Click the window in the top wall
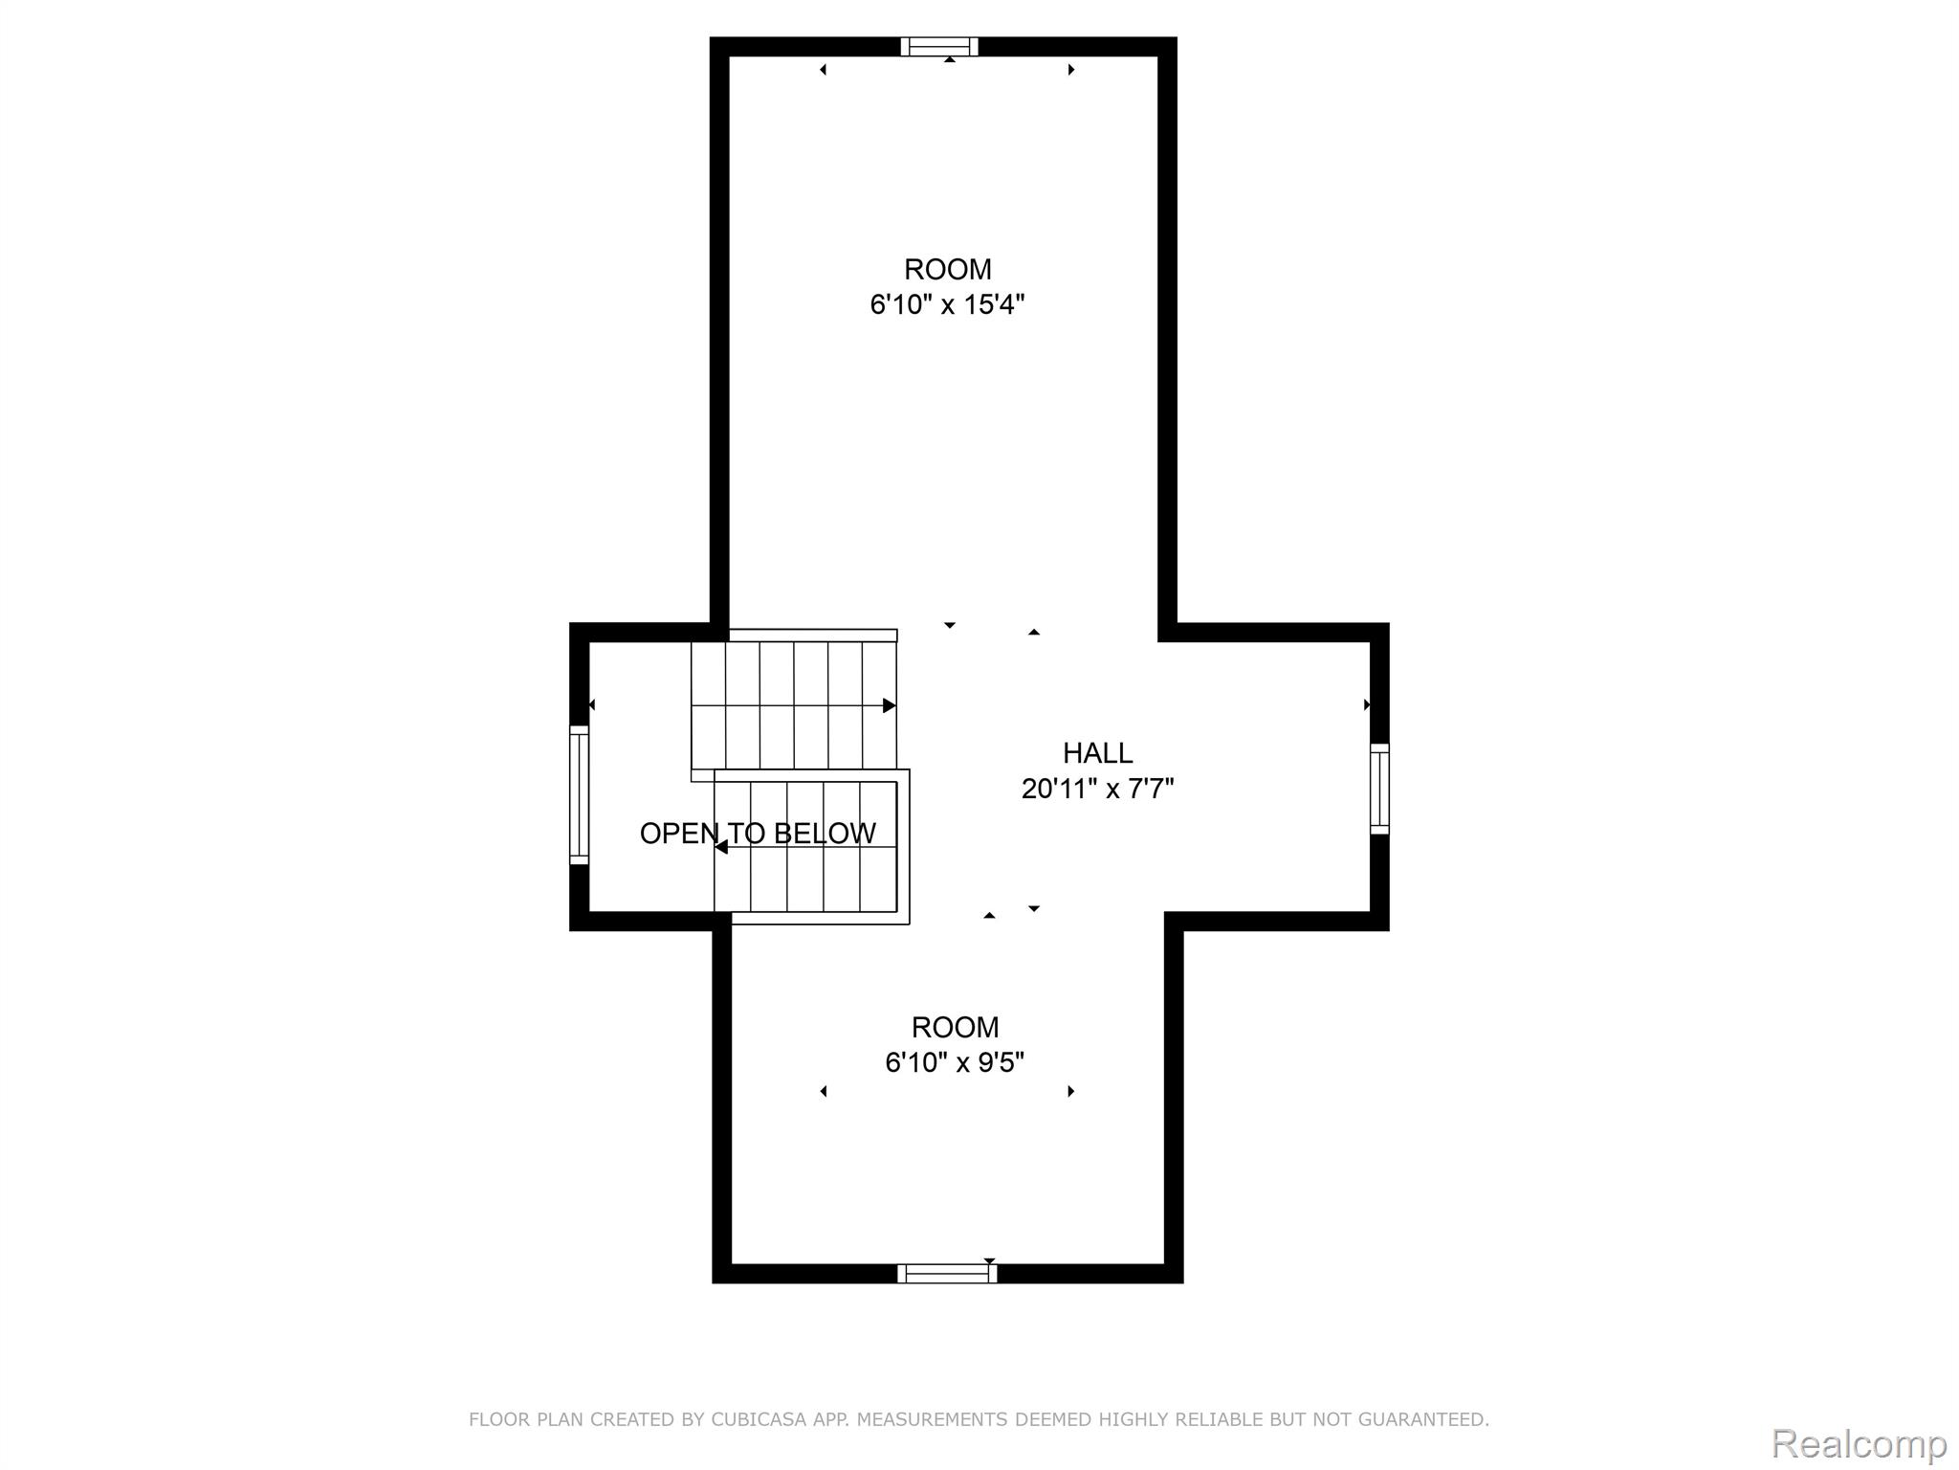[939, 47]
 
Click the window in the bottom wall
[947, 1273]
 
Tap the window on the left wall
[579, 794]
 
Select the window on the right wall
[1378, 788]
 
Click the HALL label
[1097, 753]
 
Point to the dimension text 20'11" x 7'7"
[1097, 789]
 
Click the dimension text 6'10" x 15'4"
[947, 304]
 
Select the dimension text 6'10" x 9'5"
[955, 1062]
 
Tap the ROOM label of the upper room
[947, 269]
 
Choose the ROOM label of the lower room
[955, 1027]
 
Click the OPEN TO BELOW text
[758, 834]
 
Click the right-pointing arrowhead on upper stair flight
[889, 705]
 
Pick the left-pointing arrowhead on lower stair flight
[721, 847]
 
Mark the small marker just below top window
[949, 60]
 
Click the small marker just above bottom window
[989, 1260]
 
